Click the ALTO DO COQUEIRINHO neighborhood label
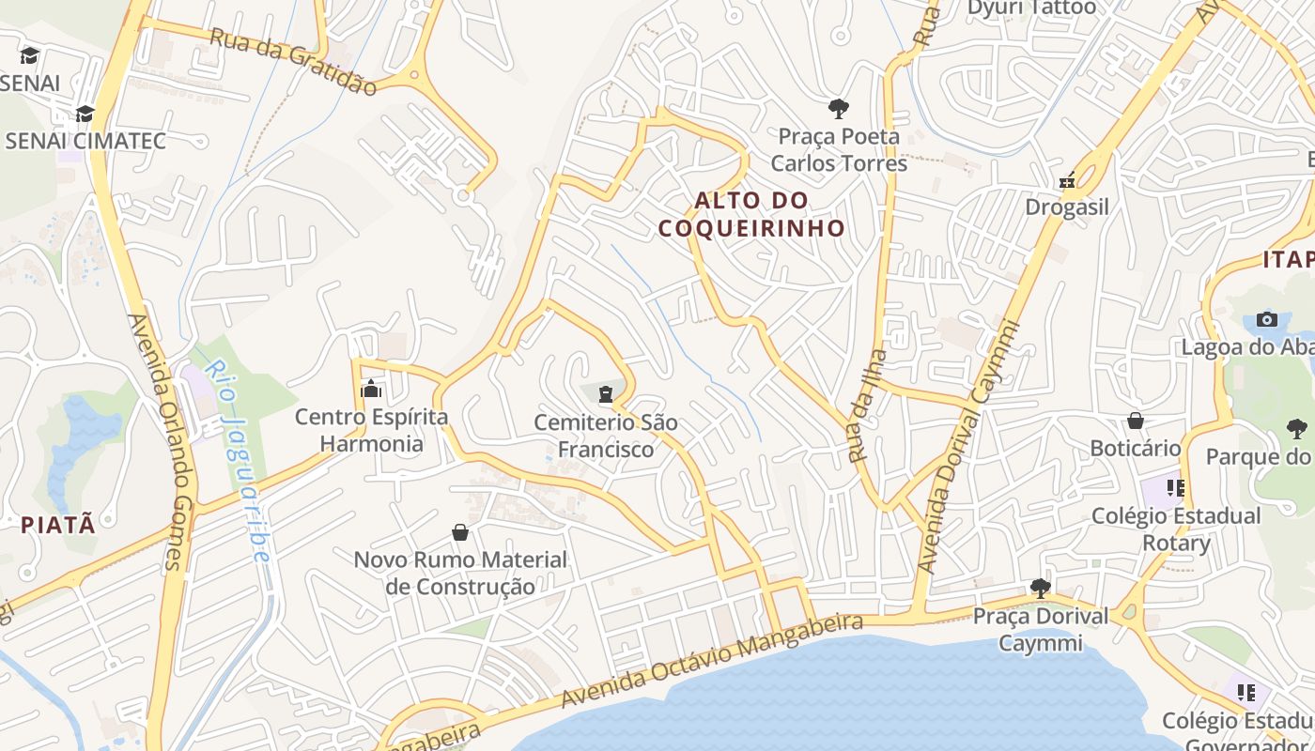click(x=751, y=214)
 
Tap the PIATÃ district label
click(x=58, y=525)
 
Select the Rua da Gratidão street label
click(x=292, y=61)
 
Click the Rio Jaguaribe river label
click(x=239, y=460)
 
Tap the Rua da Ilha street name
click(x=868, y=406)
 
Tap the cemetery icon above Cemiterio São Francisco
click(x=606, y=394)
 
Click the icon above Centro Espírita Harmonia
click(x=371, y=388)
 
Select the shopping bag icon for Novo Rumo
click(x=460, y=532)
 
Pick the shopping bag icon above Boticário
click(x=1136, y=421)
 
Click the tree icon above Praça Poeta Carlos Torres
click(x=838, y=108)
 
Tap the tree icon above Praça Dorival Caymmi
click(x=1040, y=589)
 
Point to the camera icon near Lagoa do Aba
click(x=1267, y=319)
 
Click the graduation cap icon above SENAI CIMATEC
click(x=85, y=114)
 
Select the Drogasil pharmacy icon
click(x=1067, y=180)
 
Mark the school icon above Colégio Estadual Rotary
click(x=1175, y=488)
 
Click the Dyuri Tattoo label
click(x=1031, y=8)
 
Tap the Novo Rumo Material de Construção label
click(x=460, y=573)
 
